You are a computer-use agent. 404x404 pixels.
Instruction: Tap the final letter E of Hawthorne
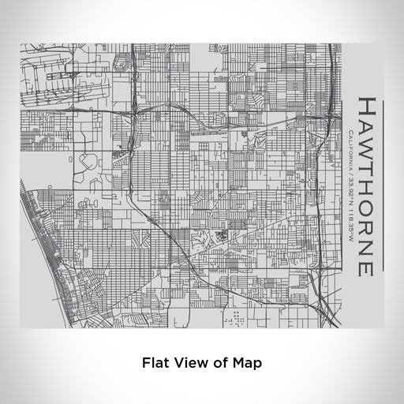point(366,267)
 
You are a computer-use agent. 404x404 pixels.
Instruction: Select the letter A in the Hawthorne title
point(366,128)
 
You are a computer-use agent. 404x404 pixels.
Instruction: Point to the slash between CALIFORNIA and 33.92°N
point(350,170)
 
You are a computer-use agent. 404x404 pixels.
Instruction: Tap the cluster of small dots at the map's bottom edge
point(236,318)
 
